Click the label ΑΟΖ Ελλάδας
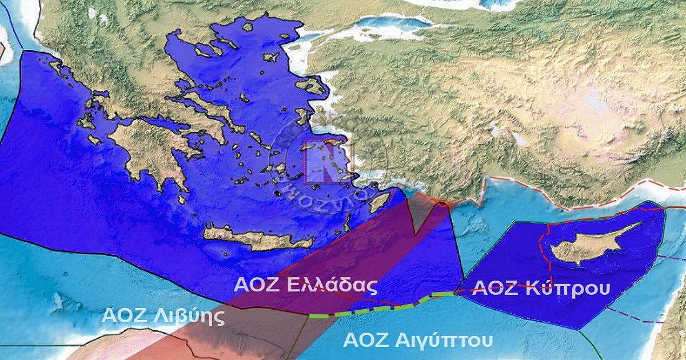coord(306,285)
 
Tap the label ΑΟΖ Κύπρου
coord(543,287)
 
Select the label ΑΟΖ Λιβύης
coord(163,315)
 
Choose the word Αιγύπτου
coord(444,340)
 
